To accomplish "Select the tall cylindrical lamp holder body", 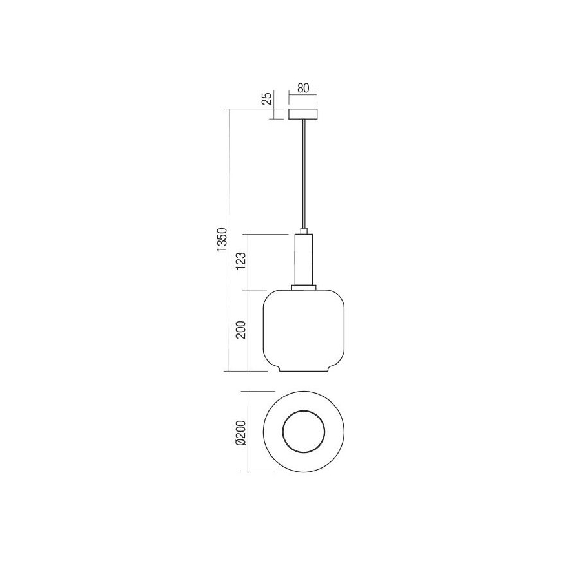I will click(303, 259).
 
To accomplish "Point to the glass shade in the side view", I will click(303, 330).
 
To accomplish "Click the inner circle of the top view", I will click(303, 432).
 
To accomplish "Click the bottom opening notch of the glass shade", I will click(303, 370).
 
